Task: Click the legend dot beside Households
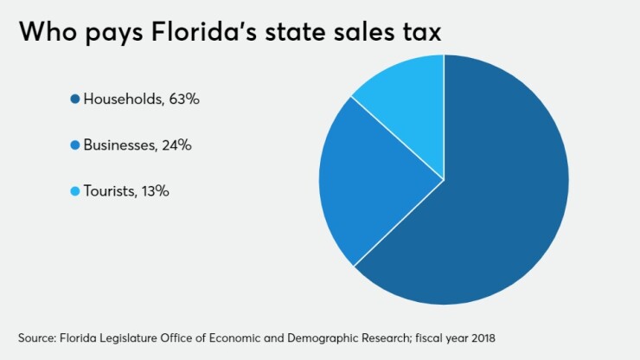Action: pos(75,100)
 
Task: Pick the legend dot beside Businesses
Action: pos(75,145)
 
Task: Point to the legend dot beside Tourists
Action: pos(75,191)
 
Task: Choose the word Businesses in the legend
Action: pos(119,145)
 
